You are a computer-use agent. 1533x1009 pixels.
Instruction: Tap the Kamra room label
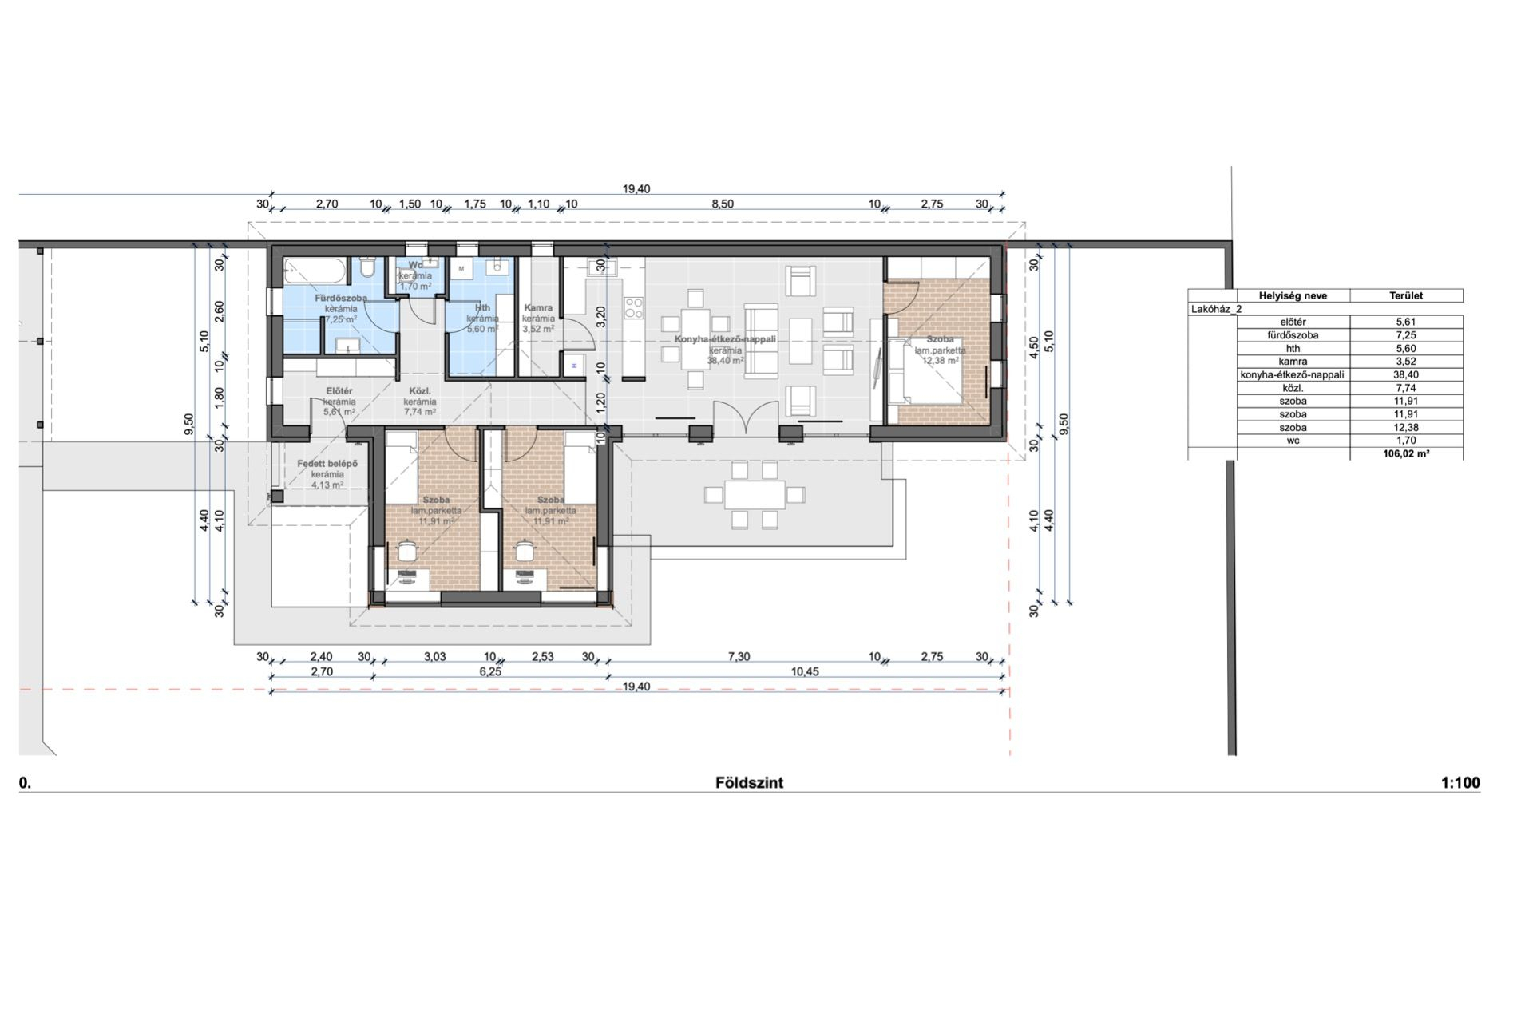click(x=538, y=308)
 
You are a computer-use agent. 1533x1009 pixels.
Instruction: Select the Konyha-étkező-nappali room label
click(x=725, y=339)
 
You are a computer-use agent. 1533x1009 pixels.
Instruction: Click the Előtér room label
click(x=339, y=391)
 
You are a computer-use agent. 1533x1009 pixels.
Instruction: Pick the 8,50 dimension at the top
click(x=723, y=204)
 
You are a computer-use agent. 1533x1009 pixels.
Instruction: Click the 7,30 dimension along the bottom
click(x=739, y=657)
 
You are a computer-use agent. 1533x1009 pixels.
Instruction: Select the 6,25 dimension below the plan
click(x=490, y=672)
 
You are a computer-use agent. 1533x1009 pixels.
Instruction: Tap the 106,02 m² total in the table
click(x=1407, y=454)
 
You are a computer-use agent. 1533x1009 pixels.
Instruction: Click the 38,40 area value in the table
click(x=1407, y=374)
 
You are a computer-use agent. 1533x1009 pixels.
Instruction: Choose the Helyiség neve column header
click(x=1293, y=295)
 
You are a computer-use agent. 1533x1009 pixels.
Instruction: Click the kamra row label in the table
click(x=1293, y=362)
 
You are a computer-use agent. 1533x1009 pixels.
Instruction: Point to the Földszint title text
click(x=749, y=783)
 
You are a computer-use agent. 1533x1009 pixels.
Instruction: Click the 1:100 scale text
click(x=1460, y=783)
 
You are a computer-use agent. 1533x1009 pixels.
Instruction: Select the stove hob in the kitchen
click(x=634, y=307)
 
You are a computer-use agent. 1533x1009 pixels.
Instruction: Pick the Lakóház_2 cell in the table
click(x=1216, y=309)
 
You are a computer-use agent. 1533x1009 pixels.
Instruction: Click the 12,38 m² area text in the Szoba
click(x=940, y=361)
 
